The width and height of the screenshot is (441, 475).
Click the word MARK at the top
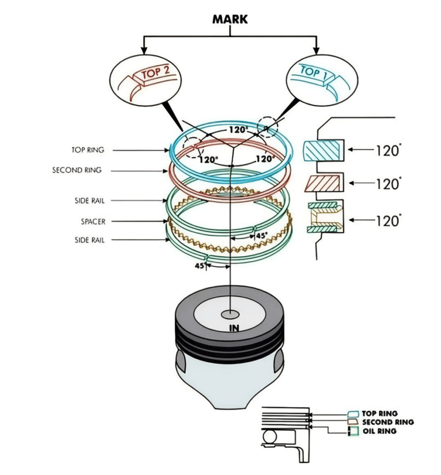click(230, 19)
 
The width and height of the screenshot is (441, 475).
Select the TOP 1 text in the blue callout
click(310, 72)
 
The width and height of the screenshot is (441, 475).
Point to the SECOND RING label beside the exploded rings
click(77, 171)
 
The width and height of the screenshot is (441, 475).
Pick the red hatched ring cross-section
click(323, 183)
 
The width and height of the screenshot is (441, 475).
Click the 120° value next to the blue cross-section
click(387, 150)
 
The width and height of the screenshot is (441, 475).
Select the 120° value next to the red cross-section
click(387, 184)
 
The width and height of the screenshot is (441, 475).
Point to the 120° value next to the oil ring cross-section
click(387, 220)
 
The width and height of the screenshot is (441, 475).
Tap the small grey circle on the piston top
click(230, 315)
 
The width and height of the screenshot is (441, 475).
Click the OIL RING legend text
click(379, 431)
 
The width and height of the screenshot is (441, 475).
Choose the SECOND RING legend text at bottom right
click(388, 422)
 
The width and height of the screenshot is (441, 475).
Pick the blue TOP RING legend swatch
click(353, 413)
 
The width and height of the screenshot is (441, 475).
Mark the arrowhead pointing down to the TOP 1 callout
click(317, 51)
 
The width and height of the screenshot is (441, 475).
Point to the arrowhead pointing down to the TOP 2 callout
click(144, 51)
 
